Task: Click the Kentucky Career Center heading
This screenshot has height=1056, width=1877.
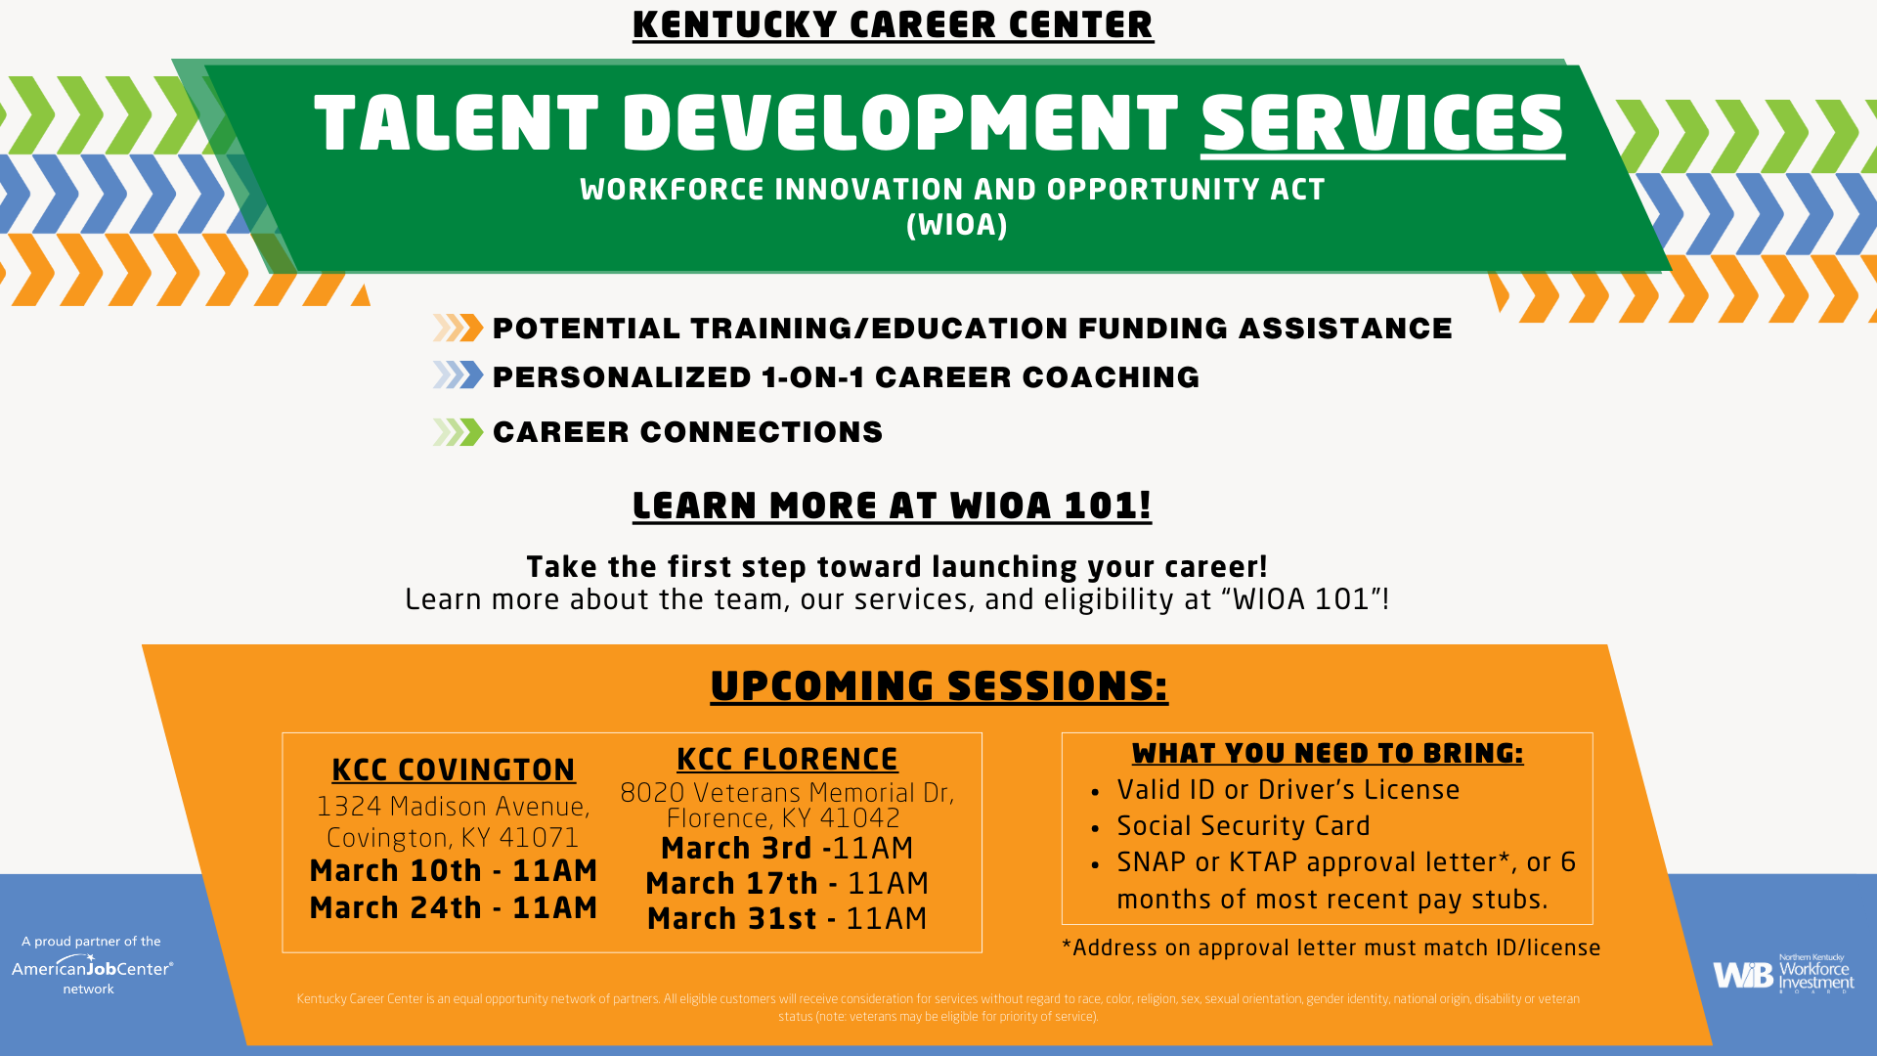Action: (893, 24)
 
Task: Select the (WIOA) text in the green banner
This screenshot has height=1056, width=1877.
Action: (956, 225)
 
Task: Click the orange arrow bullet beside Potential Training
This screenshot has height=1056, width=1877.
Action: (458, 328)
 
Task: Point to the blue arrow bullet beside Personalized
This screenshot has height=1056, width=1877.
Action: (458, 375)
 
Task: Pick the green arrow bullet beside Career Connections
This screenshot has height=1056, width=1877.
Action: (458, 432)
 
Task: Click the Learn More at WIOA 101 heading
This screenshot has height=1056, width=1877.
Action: (892, 506)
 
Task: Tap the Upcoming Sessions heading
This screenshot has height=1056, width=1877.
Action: (938, 685)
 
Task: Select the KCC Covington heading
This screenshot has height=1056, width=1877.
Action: (453, 770)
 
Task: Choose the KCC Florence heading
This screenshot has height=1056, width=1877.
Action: (787, 759)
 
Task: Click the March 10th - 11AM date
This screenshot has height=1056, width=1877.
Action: (453, 870)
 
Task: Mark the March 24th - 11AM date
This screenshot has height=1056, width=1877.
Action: (453, 907)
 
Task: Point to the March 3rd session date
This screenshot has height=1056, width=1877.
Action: (787, 848)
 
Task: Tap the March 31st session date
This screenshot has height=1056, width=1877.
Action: (787, 918)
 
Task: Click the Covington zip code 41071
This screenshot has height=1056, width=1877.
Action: (538, 838)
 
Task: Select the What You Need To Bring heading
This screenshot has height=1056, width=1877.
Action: (1327, 753)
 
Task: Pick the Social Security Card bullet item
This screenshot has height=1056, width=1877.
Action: (1243, 825)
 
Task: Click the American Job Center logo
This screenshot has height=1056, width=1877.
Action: (92, 967)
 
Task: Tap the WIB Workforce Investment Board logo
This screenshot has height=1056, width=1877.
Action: (1783, 974)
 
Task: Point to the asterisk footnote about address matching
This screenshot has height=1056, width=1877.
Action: (1331, 947)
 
